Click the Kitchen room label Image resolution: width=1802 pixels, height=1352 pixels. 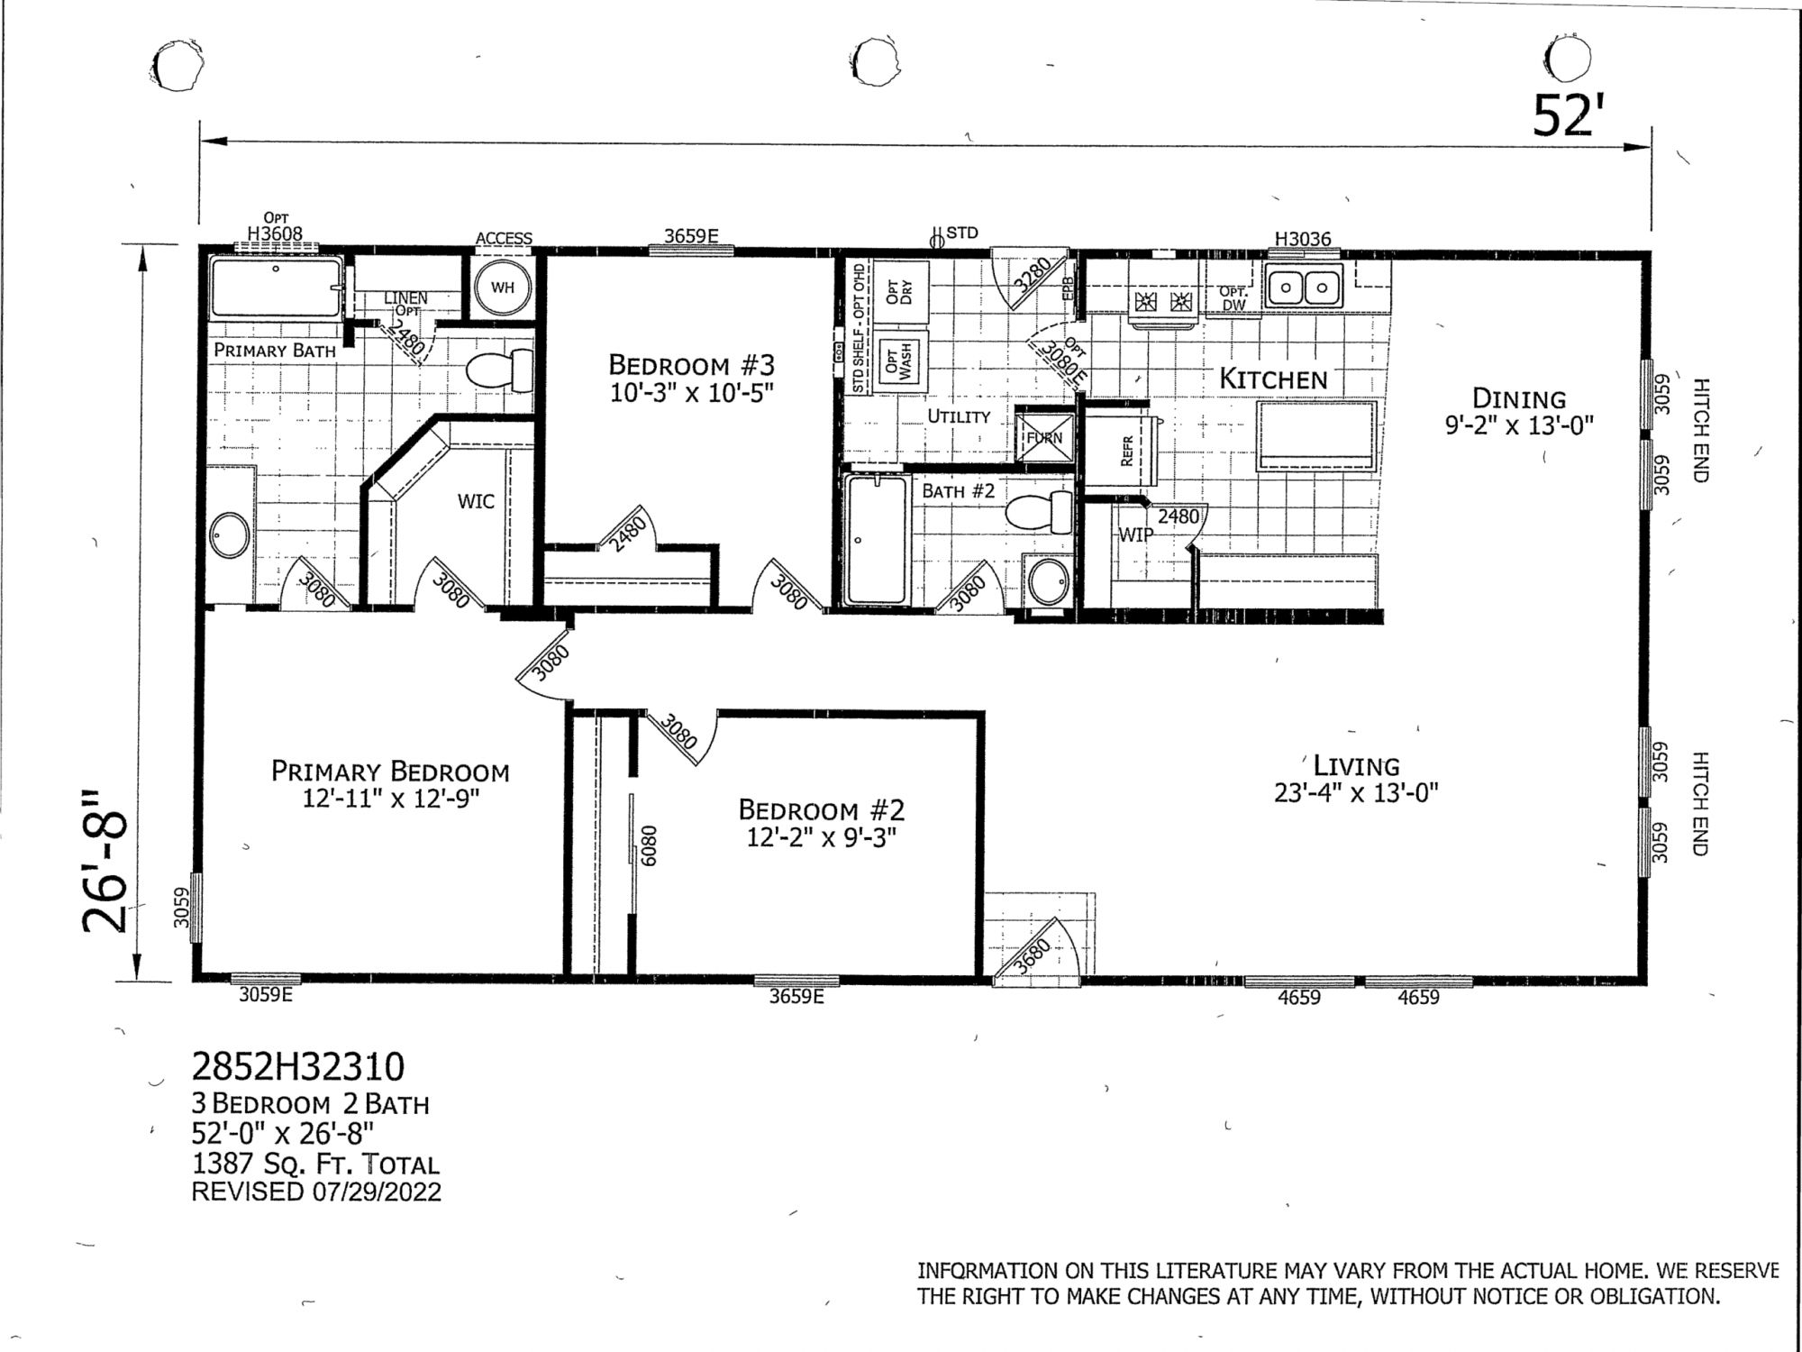point(1273,379)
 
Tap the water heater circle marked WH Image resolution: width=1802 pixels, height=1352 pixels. point(503,288)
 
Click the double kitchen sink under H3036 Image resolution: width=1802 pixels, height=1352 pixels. point(1304,288)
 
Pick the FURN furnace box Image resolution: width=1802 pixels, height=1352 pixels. point(1045,438)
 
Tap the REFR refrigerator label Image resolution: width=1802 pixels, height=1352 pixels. point(1126,451)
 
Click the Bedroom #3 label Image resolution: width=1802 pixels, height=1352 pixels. point(691,365)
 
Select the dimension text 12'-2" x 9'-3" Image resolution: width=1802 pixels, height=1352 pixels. point(821,837)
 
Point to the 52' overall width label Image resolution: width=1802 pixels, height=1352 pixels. point(1568,115)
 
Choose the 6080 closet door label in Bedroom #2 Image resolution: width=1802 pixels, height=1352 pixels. point(649,845)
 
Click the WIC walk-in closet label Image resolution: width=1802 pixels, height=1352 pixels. point(476,501)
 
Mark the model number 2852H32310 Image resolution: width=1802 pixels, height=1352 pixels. point(298,1067)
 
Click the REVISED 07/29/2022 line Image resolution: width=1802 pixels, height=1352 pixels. point(316,1192)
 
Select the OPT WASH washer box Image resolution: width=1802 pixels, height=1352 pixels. point(898,361)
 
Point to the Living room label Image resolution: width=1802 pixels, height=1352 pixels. point(1356,766)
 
